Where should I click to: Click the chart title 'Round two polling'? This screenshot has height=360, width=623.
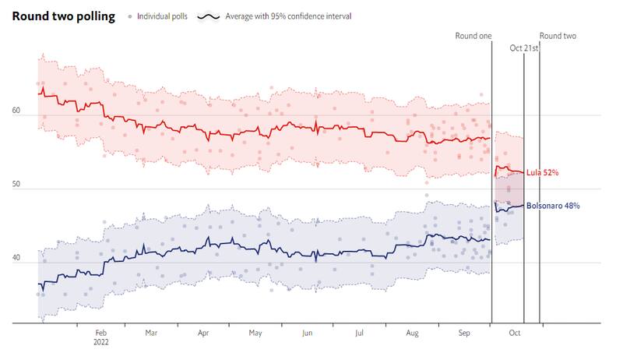pos(63,16)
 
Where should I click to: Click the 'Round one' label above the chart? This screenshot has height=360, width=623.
pos(474,36)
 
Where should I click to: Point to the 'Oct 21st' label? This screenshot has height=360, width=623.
pos(524,48)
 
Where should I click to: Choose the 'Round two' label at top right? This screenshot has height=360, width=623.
pos(558,36)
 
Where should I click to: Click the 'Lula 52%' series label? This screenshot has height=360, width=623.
pos(543,172)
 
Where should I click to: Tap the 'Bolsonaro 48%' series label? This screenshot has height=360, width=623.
pos(552,206)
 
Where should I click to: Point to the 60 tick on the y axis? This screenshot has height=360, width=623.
pos(16,111)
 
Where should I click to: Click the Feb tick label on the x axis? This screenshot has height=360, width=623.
pos(100,333)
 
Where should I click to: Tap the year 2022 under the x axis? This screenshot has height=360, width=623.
pos(101,342)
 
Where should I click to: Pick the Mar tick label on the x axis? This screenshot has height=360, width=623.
pos(151,333)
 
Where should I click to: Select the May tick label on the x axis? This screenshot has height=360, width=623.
pos(255,333)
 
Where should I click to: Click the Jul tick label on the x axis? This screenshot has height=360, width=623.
pos(359,333)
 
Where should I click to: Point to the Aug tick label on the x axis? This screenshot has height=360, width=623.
pos(412,333)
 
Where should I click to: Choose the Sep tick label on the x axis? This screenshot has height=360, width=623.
pos(464,333)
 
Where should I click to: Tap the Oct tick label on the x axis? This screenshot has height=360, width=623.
pos(515,333)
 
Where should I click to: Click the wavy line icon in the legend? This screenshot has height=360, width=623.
pos(207,16)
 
